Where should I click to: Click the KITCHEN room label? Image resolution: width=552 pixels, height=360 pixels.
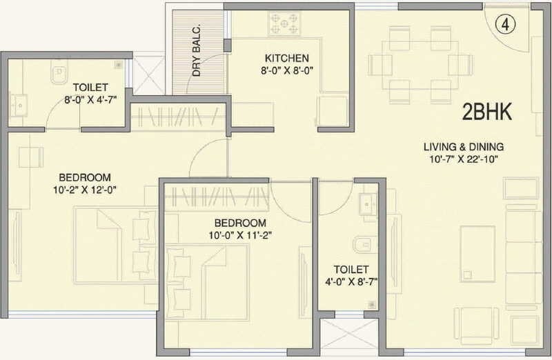coord(286,59)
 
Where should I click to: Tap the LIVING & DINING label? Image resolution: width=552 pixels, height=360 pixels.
coord(464,146)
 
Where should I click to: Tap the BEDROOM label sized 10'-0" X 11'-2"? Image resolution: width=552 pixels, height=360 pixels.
coord(239,223)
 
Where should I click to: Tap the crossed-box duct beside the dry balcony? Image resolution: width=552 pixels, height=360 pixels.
coord(147,73)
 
